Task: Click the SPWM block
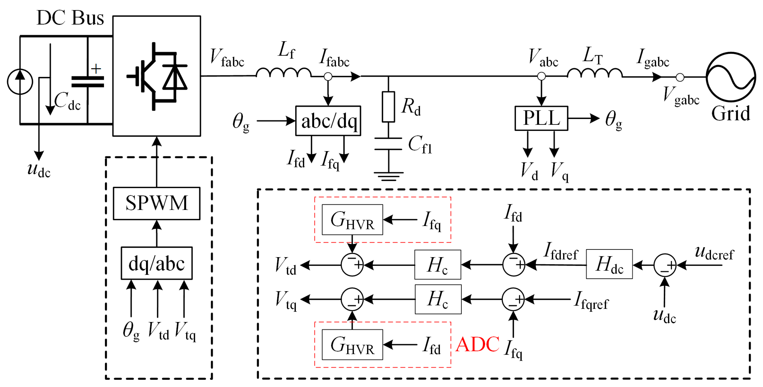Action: click(156, 203)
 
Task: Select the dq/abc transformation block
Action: click(156, 263)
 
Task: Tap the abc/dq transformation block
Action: click(328, 121)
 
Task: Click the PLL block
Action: click(541, 118)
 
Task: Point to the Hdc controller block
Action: click(609, 264)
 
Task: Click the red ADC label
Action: click(477, 344)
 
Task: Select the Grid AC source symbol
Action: click(730, 77)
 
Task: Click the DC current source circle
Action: click(20, 82)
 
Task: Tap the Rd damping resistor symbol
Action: click(388, 107)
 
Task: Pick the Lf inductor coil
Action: click(283, 73)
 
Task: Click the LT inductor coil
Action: click(594, 73)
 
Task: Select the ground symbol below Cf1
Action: click(388, 176)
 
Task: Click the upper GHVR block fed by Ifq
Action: click(352, 220)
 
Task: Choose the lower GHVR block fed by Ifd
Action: click(352, 345)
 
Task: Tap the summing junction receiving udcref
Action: click(665, 265)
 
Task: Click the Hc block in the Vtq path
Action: click(438, 299)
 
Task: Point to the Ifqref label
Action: click(591, 301)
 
